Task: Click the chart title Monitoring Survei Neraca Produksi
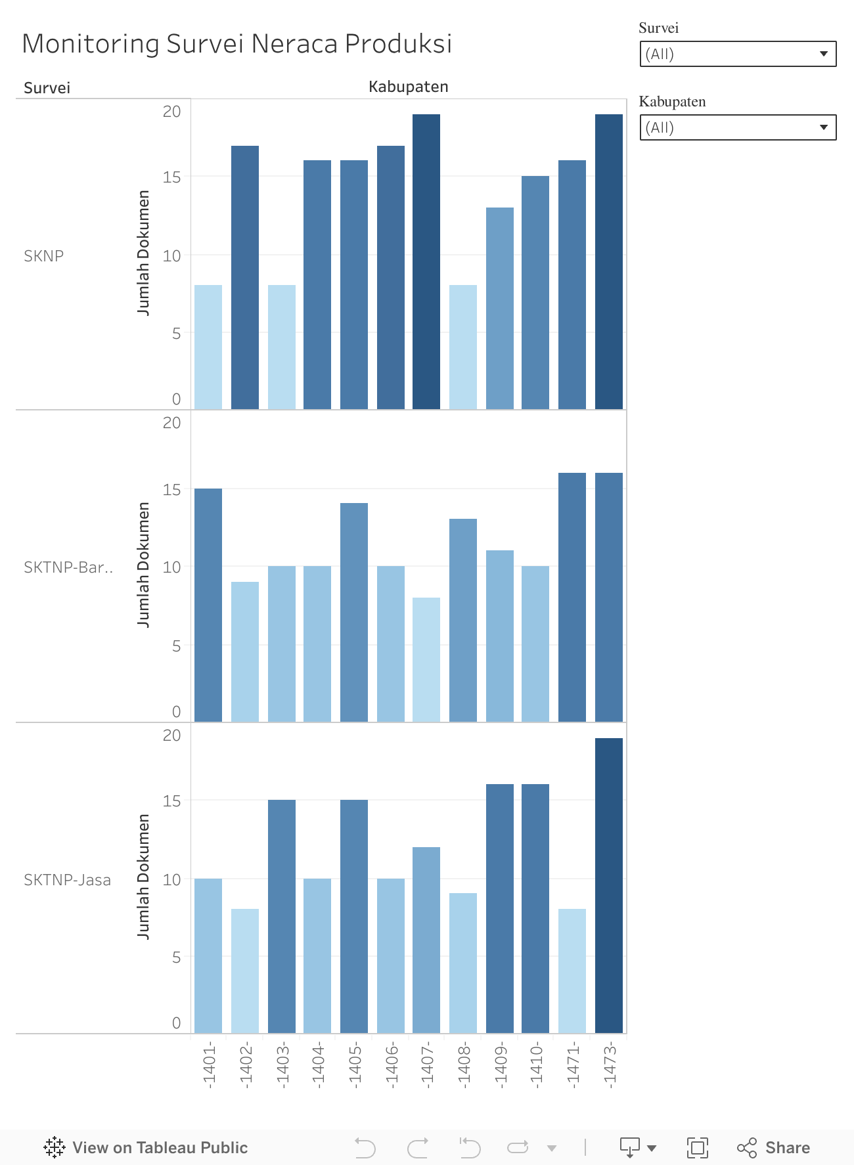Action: (236, 43)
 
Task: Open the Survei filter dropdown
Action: (738, 54)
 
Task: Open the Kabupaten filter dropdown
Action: (738, 127)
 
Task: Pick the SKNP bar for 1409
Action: (500, 308)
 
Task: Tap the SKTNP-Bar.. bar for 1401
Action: (208, 605)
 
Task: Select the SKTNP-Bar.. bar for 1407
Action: (426, 659)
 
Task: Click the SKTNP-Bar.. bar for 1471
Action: (572, 597)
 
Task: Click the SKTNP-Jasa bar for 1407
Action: (426, 940)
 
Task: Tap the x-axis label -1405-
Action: (355, 1065)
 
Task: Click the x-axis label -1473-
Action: (610, 1065)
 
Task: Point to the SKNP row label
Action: (44, 256)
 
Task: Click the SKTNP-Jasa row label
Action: (67, 880)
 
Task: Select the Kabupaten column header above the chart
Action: (408, 87)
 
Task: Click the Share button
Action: (773, 1147)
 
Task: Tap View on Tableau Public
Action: (146, 1147)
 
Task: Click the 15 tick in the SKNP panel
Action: (172, 177)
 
